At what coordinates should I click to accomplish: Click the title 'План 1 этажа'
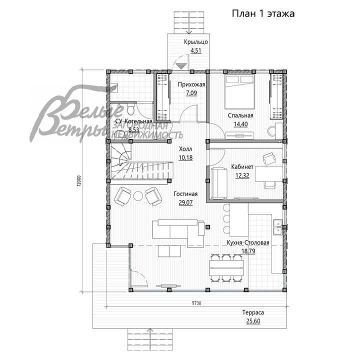click(263, 13)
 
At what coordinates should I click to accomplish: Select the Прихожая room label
click(191, 84)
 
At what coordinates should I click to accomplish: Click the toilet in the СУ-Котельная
click(130, 109)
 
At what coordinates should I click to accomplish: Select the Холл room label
click(185, 149)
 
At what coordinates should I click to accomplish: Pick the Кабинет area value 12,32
click(243, 175)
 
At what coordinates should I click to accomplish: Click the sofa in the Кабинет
click(219, 183)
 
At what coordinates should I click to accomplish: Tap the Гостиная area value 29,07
click(185, 202)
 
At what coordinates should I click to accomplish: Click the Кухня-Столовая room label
click(248, 243)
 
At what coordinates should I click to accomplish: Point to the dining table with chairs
click(226, 269)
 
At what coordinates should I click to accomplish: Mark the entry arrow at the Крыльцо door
click(181, 65)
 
